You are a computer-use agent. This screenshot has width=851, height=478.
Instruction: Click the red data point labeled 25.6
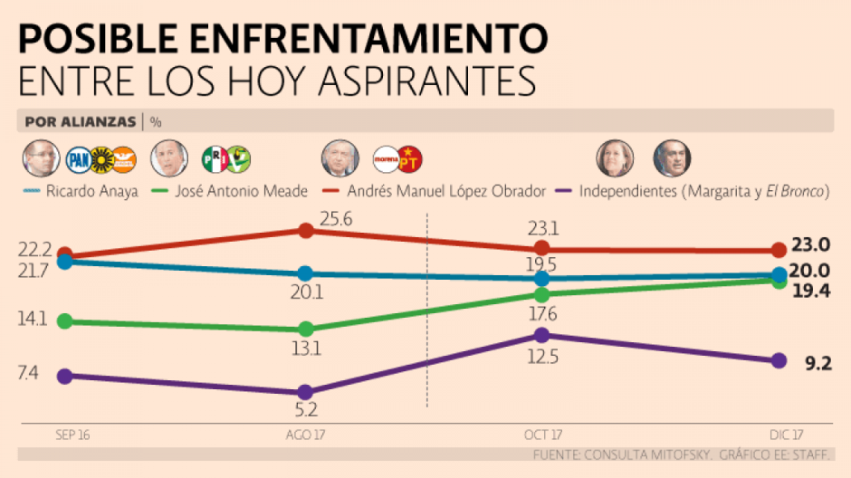click(x=306, y=230)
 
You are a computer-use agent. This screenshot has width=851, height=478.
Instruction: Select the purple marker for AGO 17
click(x=306, y=392)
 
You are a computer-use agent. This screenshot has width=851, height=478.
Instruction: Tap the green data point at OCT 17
click(x=541, y=295)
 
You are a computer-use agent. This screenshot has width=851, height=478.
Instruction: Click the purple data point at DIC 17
click(x=778, y=361)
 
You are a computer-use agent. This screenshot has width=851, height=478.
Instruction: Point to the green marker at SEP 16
click(x=64, y=321)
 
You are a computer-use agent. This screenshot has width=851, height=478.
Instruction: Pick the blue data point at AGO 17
click(x=306, y=273)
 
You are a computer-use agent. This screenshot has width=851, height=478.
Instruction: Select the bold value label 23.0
click(x=811, y=244)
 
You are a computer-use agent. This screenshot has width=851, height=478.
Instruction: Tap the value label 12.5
click(x=541, y=357)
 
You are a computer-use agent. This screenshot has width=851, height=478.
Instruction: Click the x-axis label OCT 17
click(x=542, y=435)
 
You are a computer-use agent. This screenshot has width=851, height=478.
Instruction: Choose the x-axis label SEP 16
click(x=73, y=435)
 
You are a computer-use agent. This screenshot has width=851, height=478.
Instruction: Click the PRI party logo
click(x=214, y=159)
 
